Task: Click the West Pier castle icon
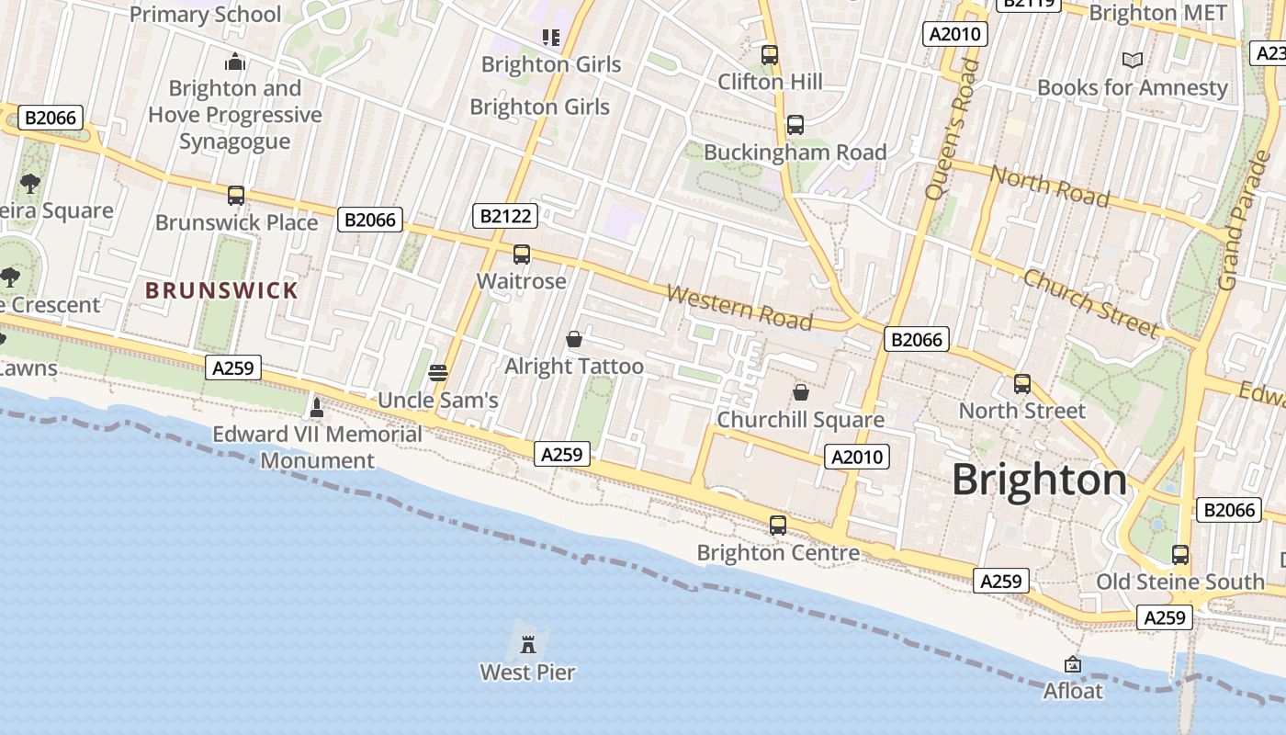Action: click(528, 643)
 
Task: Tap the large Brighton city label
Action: click(1039, 481)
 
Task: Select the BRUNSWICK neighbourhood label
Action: click(222, 290)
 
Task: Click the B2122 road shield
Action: click(505, 216)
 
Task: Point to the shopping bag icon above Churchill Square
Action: click(801, 392)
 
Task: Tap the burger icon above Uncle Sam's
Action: click(438, 372)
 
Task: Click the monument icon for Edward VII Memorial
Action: click(317, 406)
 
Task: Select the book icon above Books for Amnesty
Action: click(1133, 60)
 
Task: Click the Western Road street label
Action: click(739, 307)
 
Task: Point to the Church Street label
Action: click(1090, 302)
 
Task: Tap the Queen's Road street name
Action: click(952, 129)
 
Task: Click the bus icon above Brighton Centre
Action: click(778, 526)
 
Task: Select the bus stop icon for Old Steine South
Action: click(1180, 555)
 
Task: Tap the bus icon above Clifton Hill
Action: click(770, 55)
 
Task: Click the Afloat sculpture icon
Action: click(1072, 663)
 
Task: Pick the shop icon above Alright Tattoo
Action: click(574, 339)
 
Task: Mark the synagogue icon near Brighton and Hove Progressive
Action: click(235, 62)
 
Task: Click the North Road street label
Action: click(1049, 186)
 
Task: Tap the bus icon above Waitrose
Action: click(522, 254)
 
